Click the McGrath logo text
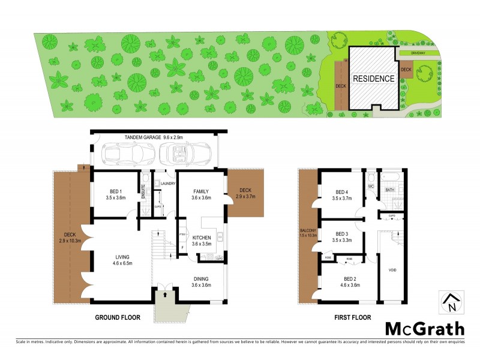[x=424, y=328]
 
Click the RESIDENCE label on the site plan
[x=373, y=79]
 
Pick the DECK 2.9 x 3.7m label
[x=246, y=193]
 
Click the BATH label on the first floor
[x=389, y=190]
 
